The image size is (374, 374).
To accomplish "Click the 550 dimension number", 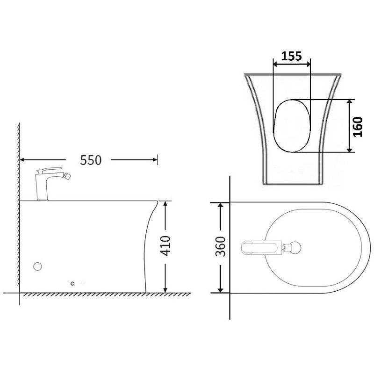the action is tap(91, 160).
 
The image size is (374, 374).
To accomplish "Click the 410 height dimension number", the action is tap(165, 246).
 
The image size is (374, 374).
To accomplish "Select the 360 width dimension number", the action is tap(220, 246).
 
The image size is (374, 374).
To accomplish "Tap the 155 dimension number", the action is tap(291, 56).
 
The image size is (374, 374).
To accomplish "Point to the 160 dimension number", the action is tap(358, 127).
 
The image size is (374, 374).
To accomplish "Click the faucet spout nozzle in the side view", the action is tap(68, 177).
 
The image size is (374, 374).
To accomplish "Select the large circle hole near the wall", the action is tap(37, 266).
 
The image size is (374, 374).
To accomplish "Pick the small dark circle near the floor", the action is tap(72, 283).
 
